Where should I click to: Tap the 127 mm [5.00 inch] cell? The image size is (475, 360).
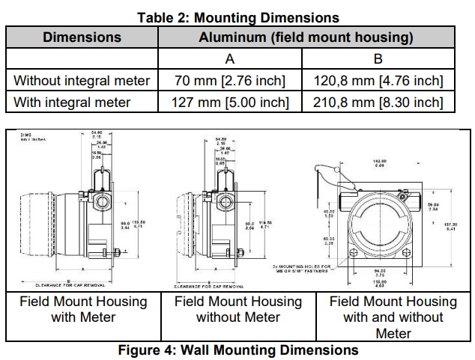pos(230,103)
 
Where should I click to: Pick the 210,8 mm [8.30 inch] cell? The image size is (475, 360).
pos(378,103)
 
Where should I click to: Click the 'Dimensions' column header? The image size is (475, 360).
pos(82,37)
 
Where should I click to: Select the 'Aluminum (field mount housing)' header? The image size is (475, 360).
pos(306,37)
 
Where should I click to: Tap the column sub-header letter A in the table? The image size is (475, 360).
pos(230,59)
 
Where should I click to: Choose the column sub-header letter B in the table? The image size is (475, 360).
pos(378,59)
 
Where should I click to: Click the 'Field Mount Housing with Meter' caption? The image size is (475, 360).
pos(83,310)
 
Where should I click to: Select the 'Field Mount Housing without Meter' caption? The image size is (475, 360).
pos(238,310)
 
